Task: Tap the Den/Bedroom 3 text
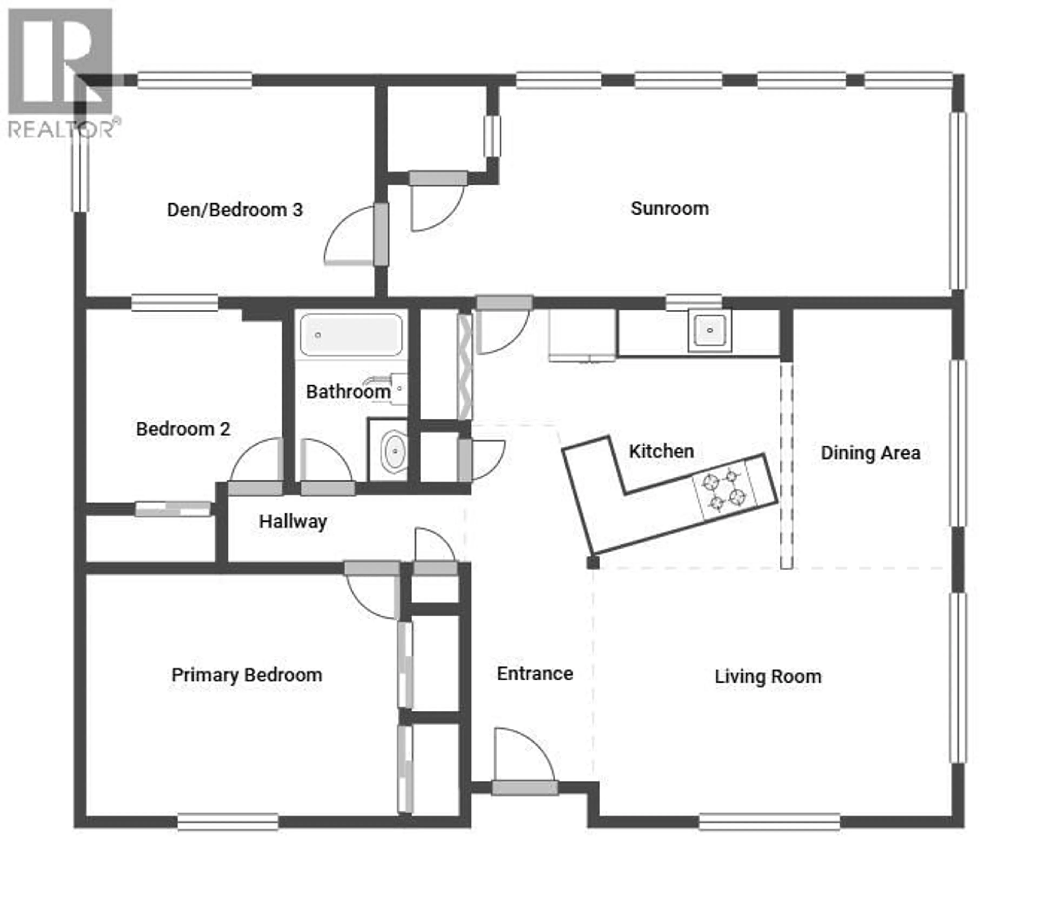coord(235,210)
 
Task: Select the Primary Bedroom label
coord(247,675)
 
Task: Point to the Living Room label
coord(768,677)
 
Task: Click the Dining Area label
coord(870,453)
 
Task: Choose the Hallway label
coord(293,522)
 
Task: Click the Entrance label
coord(535,673)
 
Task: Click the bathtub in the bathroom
coord(351,335)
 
